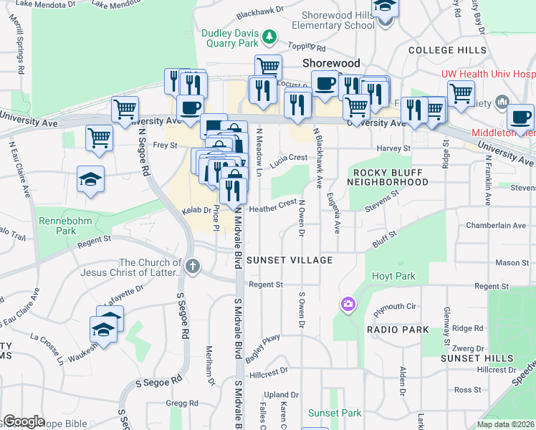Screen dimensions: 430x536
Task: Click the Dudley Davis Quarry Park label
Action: click(229, 38)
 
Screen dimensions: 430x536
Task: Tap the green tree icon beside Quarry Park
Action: click(269, 35)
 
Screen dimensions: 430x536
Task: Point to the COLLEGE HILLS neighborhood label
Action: click(447, 50)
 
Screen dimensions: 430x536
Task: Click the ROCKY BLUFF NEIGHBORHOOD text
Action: click(388, 177)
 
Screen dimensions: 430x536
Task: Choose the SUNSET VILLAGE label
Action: click(289, 259)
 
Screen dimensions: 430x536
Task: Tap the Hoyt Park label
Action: click(393, 276)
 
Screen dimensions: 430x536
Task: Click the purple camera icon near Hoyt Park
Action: click(348, 305)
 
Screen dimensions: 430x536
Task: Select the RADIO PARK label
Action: click(398, 330)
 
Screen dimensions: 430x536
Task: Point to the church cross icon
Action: click(192, 267)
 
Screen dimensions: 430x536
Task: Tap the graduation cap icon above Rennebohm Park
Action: click(91, 179)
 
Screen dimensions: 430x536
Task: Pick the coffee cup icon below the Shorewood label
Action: click(325, 83)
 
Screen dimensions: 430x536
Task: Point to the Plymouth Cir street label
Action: click(396, 307)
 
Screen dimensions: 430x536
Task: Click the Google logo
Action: click(24, 421)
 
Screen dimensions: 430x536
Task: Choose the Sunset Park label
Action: click(335, 413)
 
